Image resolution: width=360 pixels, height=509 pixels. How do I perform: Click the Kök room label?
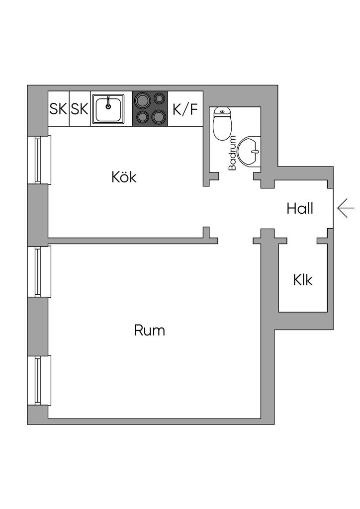[x=124, y=177]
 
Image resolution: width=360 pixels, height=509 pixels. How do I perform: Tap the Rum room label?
[x=149, y=330]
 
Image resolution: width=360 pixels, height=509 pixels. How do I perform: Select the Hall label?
[x=300, y=209]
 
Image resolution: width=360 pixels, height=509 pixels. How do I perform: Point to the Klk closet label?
[x=302, y=280]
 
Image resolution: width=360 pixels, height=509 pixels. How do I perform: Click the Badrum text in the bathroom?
[x=232, y=153]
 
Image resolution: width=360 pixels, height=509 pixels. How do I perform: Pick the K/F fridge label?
[x=185, y=109]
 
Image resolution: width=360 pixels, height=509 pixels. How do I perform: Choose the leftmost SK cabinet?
[x=58, y=109]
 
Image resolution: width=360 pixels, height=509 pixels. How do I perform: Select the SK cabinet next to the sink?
[x=80, y=109]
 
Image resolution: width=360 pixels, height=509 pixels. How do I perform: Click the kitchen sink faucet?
[x=108, y=104]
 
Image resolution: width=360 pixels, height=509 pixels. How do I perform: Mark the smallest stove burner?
[x=160, y=98]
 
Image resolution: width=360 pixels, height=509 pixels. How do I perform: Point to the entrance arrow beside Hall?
[x=345, y=208]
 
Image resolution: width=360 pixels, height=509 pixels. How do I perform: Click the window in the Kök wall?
[x=38, y=159]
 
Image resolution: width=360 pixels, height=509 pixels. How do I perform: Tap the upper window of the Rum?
[x=38, y=271]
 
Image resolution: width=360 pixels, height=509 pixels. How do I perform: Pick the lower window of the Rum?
[x=38, y=380]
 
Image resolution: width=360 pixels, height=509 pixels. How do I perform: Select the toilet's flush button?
[x=222, y=112]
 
